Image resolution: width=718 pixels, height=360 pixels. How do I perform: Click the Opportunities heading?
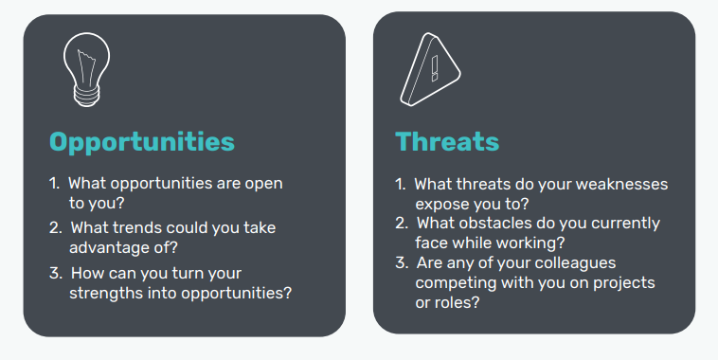pyautogui.click(x=141, y=141)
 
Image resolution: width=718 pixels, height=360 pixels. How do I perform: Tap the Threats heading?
pyautogui.click(x=446, y=141)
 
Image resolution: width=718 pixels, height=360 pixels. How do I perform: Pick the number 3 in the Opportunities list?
pyautogui.click(x=54, y=273)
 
